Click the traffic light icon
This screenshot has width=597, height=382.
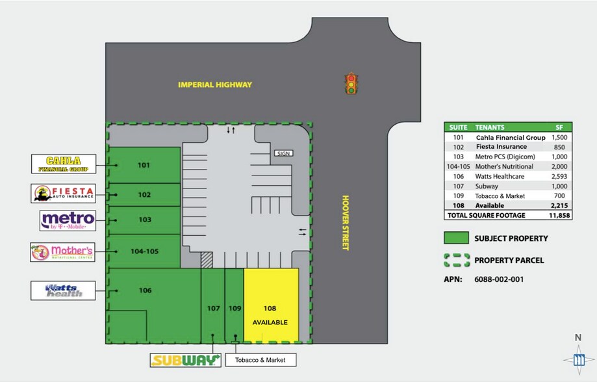[x=351, y=84]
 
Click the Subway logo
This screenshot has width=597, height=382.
[x=184, y=360]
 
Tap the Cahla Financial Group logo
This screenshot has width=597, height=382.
[x=64, y=164]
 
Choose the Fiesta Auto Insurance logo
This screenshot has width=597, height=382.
[x=64, y=193]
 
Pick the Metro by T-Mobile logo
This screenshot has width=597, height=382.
[x=68, y=221]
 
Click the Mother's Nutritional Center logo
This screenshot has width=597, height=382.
[x=63, y=251]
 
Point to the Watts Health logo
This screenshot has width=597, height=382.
[x=64, y=290]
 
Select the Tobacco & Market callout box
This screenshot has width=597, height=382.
[x=260, y=360]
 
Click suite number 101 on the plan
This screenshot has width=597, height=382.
[x=144, y=165]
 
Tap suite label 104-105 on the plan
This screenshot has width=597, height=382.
[x=144, y=251]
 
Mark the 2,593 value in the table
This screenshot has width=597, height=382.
[x=559, y=176]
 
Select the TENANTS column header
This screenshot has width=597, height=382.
[x=490, y=127]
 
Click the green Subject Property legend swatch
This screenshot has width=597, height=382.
[x=456, y=238]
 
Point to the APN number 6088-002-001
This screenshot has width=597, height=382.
[x=499, y=280]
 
